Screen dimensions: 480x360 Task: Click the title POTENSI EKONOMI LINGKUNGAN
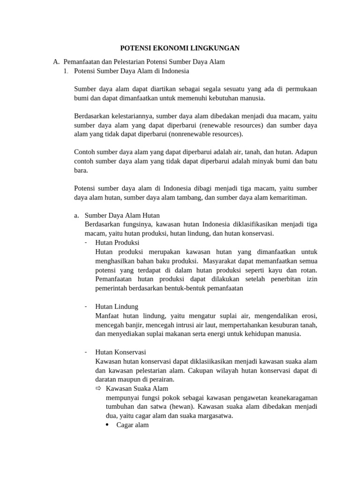click(x=180, y=48)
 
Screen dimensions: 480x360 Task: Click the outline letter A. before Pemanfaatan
click(x=56, y=62)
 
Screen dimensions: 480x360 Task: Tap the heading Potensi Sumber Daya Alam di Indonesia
click(x=131, y=71)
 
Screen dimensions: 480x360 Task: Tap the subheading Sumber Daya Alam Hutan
click(x=122, y=216)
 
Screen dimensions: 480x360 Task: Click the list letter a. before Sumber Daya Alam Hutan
click(x=76, y=216)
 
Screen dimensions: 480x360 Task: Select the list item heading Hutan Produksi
click(x=117, y=243)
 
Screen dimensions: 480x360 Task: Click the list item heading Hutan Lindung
click(x=117, y=307)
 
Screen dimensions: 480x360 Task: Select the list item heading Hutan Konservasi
click(x=121, y=352)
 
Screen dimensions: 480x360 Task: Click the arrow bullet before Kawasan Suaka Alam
click(x=98, y=389)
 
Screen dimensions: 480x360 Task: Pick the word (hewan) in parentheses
click(x=180, y=406)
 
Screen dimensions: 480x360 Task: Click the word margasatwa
click(x=213, y=416)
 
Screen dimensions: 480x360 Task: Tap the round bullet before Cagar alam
click(x=108, y=425)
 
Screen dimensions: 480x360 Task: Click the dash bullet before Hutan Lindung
click(x=87, y=307)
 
